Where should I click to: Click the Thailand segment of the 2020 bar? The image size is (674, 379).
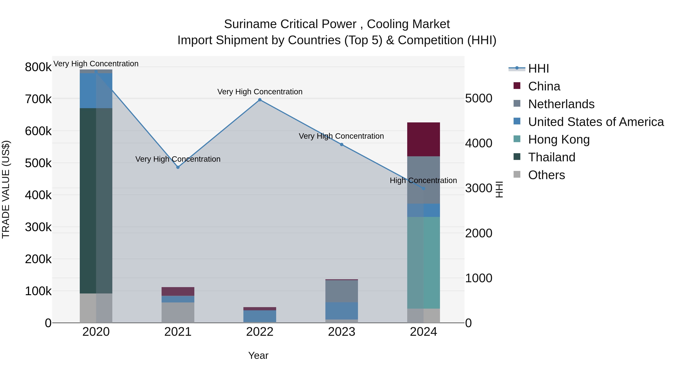point(96,201)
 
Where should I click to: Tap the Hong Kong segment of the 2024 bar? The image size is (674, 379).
point(423,262)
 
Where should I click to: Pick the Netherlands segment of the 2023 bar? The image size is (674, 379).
point(341,291)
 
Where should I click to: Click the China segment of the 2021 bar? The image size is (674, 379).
point(178,291)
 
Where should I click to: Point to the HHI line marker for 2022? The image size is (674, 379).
point(259,100)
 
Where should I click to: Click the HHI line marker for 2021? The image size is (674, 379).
point(178,167)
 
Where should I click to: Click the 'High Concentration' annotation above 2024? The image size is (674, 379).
point(423,180)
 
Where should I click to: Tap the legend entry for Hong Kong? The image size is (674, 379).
point(559,139)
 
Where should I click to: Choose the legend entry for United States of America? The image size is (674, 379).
point(596,122)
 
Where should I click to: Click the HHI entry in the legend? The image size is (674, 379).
point(538,69)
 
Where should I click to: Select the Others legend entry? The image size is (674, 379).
point(546,175)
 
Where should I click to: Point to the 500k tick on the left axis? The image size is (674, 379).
point(38,163)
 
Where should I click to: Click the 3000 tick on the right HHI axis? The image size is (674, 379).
point(479,188)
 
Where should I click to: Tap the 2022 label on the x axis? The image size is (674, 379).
point(259,332)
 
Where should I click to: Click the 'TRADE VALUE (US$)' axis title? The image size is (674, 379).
point(6,189)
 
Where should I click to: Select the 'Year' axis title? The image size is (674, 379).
point(258,355)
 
